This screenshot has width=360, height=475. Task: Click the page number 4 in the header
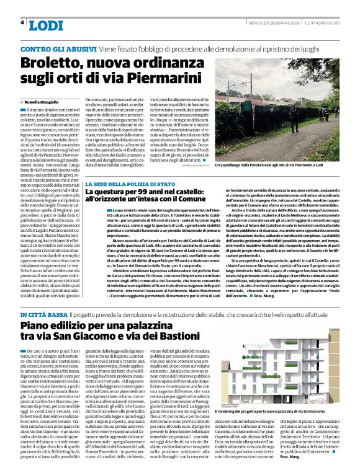[22, 22]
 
